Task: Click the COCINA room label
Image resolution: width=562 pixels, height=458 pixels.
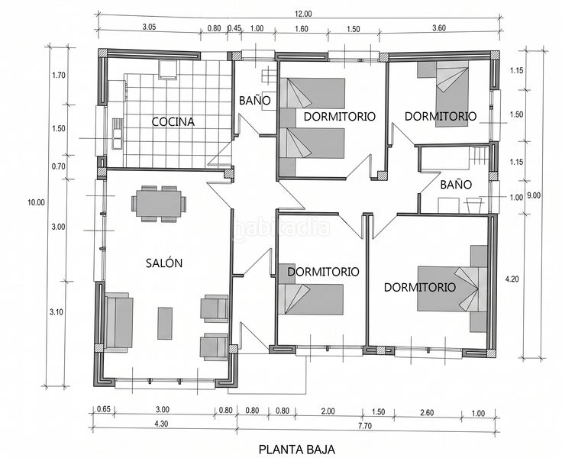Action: click(x=173, y=122)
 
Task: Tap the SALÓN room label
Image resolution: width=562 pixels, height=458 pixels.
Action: click(x=164, y=263)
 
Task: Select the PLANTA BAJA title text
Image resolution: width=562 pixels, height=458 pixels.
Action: click(x=297, y=449)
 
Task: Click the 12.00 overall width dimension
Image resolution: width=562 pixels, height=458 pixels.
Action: click(x=303, y=14)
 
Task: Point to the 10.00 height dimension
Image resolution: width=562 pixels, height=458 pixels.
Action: click(x=36, y=202)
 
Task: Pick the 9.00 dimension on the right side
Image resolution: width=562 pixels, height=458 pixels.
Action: click(x=534, y=195)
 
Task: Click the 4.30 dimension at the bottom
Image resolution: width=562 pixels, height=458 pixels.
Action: click(x=161, y=424)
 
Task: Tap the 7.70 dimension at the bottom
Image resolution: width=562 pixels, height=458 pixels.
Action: click(x=365, y=426)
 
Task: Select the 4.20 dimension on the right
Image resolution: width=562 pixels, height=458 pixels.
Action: click(x=512, y=279)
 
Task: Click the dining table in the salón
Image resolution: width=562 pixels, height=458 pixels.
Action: click(x=159, y=204)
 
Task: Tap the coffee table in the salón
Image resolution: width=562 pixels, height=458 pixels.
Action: click(x=164, y=323)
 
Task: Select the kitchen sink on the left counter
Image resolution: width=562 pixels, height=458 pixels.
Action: click(x=117, y=134)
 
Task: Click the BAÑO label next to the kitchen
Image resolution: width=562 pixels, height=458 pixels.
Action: click(x=255, y=101)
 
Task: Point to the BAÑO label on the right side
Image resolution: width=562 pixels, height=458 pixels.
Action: click(x=456, y=185)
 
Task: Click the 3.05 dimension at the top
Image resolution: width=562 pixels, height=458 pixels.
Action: click(x=149, y=27)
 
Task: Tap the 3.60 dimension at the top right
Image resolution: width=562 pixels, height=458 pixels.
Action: click(x=439, y=27)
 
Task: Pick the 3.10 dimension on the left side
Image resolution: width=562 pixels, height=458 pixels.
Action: click(x=57, y=312)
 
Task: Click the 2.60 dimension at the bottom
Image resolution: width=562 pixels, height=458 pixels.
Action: click(x=427, y=412)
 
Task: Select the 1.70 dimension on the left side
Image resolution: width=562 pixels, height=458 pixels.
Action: click(x=59, y=76)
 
